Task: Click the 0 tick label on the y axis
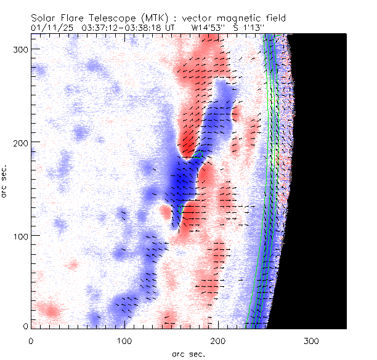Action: tap(25, 326)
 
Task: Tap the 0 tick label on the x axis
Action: tap(31, 340)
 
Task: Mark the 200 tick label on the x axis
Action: tap(218, 340)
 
